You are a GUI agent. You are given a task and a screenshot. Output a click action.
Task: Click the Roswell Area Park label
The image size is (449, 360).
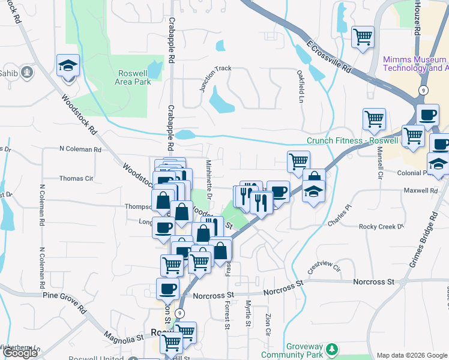(133, 77)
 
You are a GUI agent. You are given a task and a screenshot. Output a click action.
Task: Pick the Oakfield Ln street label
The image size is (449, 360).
(300, 86)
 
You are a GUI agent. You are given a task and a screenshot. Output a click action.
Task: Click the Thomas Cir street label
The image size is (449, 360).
(76, 178)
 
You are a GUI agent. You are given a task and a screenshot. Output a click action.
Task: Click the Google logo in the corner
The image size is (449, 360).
(20, 353)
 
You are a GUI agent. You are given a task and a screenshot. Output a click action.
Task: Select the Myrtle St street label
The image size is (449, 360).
(248, 314)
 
